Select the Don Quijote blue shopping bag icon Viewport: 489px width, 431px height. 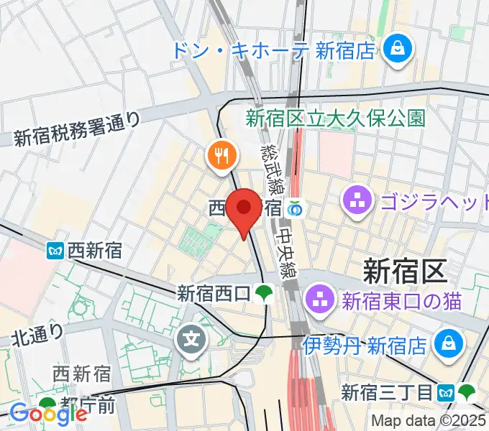pyautogui.click(x=396, y=49)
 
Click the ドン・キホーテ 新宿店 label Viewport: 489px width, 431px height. pyautogui.click(x=273, y=50)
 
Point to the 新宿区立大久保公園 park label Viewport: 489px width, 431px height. pyautogui.click(x=335, y=118)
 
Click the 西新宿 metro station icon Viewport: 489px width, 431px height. pyautogui.click(x=56, y=251)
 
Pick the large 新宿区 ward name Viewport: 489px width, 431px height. pyautogui.click(x=406, y=271)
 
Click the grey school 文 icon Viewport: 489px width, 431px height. pyautogui.click(x=192, y=335)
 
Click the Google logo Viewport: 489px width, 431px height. pyautogui.click(x=47, y=413)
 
